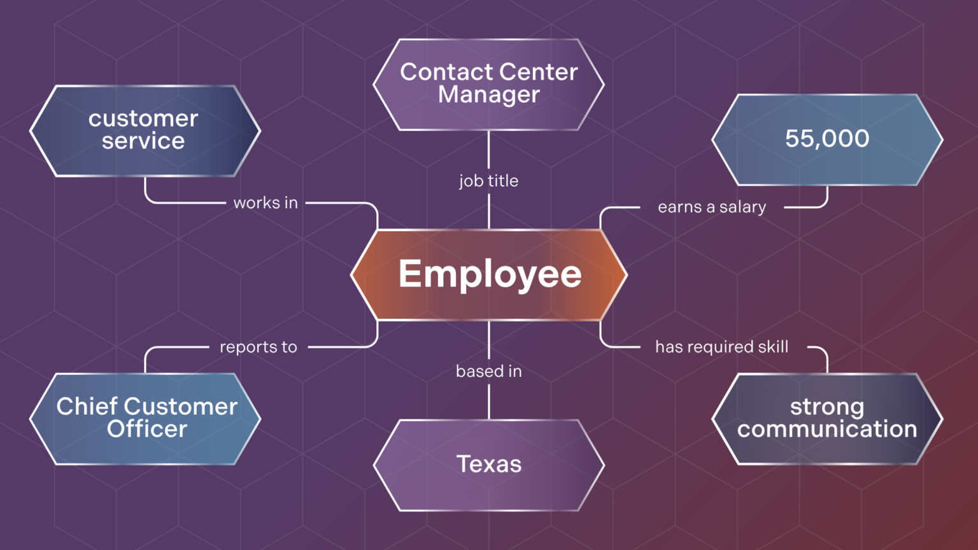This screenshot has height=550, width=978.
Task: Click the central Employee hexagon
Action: click(x=489, y=274)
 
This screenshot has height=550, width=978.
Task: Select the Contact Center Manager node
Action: click(x=489, y=84)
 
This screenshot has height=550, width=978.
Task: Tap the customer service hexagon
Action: click(x=145, y=130)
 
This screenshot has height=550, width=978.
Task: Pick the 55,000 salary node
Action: click(x=827, y=139)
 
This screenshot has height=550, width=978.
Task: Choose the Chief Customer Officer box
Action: click(x=146, y=418)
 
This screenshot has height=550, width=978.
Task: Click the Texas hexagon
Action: click(x=489, y=465)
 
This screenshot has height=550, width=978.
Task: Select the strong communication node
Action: click(x=827, y=418)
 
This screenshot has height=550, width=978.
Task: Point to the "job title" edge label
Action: click(x=489, y=181)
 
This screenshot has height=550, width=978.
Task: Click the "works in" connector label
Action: click(x=266, y=203)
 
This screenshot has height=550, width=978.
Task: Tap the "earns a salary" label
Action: click(x=712, y=207)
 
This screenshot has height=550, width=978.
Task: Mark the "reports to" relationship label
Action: click(x=259, y=347)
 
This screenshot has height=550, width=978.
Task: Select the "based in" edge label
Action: click(x=489, y=371)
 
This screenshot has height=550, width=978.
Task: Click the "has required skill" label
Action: click(x=722, y=347)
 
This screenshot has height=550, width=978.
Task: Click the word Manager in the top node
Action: click(x=489, y=95)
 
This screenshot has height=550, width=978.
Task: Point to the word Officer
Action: click(x=147, y=429)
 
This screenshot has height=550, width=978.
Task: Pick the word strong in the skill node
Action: click(x=827, y=407)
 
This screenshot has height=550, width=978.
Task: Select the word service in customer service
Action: click(x=143, y=141)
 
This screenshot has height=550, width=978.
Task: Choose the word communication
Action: click(x=827, y=430)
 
